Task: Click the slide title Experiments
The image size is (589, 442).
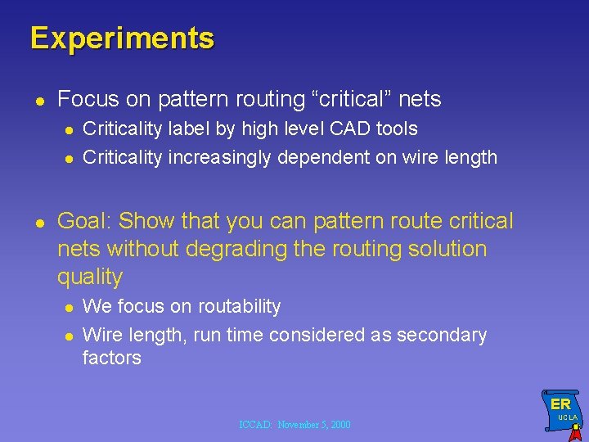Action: [x=122, y=38]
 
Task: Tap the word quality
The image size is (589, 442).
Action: [x=89, y=277]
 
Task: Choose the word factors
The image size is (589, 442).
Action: [x=111, y=358]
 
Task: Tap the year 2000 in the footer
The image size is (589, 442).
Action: [x=339, y=425]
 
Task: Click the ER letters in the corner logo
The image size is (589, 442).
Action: [x=560, y=404]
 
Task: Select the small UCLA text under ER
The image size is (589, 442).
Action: [x=567, y=417]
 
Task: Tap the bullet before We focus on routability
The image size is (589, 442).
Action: [x=70, y=308]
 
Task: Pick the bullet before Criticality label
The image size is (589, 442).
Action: [x=70, y=130]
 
